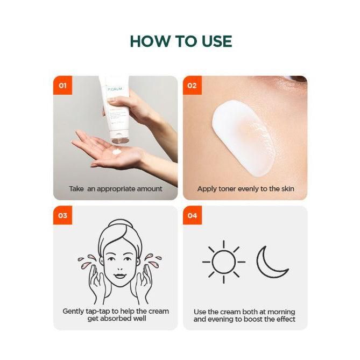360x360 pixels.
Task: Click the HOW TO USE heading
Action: (x=181, y=41)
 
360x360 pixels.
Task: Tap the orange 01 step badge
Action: (x=62, y=85)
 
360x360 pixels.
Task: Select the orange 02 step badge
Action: (x=192, y=85)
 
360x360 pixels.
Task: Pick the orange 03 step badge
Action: (x=62, y=215)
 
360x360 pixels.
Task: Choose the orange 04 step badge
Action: (x=192, y=215)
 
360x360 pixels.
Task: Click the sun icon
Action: (x=224, y=262)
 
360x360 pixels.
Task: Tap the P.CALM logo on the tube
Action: (x=115, y=89)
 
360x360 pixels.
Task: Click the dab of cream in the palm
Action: (x=117, y=152)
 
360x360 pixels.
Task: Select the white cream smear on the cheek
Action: (x=243, y=138)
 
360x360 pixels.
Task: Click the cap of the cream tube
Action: (x=119, y=137)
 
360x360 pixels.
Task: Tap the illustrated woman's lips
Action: (x=120, y=276)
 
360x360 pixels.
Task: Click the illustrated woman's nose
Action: (x=120, y=267)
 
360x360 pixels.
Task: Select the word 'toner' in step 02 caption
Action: (x=227, y=189)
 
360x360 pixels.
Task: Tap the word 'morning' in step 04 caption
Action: (x=281, y=312)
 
